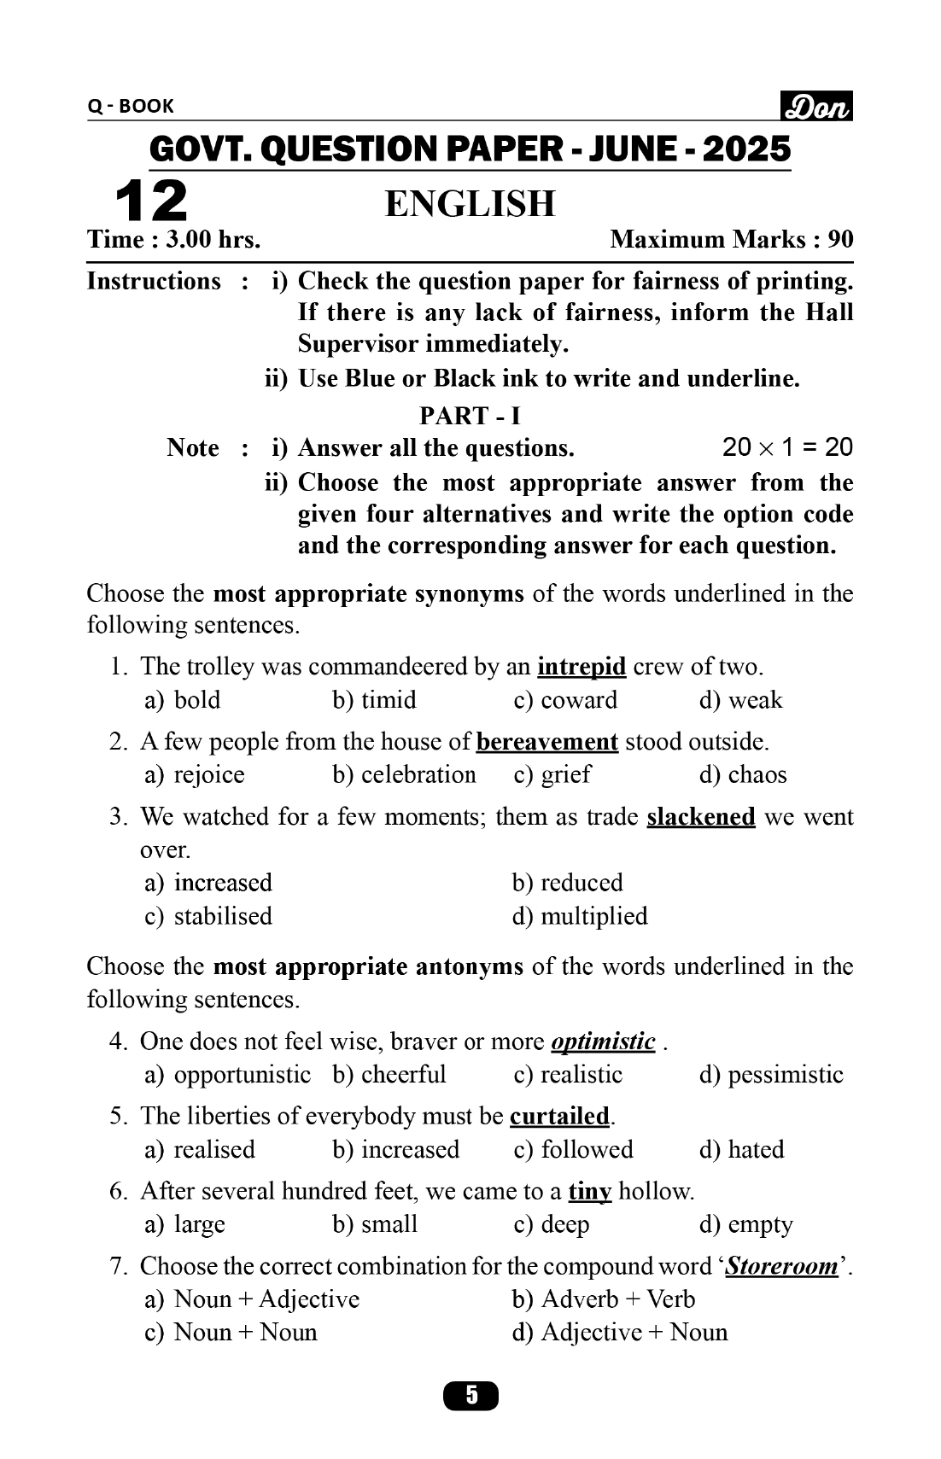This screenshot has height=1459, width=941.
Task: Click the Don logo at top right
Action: pyautogui.click(x=816, y=107)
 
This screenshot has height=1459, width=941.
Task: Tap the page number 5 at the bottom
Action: pyautogui.click(x=470, y=1396)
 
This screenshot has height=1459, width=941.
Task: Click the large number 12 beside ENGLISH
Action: pyautogui.click(x=150, y=201)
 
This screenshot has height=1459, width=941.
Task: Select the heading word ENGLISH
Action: pyautogui.click(x=470, y=204)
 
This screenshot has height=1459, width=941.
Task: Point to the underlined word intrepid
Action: pyautogui.click(x=582, y=667)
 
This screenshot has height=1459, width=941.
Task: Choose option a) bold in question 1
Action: pyautogui.click(x=183, y=700)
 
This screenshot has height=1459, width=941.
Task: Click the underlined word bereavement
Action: pyautogui.click(x=546, y=742)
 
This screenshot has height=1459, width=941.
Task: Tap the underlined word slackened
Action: pyautogui.click(x=701, y=817)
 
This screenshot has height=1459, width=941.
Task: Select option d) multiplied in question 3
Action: pyautogui.click(x=580, y=916)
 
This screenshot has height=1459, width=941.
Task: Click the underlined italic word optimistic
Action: pyautogui.click(x=603, y=1042)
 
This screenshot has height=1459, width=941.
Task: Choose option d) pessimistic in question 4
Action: pyautogui.click(x=771, y=1075)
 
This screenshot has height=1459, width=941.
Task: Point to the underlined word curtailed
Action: pyautogui.click(x=559, y=1117)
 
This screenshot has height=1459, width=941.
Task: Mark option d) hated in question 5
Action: pyautogui.click(x=741, y=1150)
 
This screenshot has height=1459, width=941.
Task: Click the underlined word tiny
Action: pyautogui.click(x=590, y=1192)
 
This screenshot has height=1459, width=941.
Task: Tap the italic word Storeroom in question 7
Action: pyautogui.click(x=782, y=1266)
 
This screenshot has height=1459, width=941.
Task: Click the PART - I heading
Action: pyautogui.click(x=470, y=416)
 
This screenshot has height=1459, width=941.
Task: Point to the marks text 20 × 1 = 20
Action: pyautogui.click(x=787, y=447)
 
